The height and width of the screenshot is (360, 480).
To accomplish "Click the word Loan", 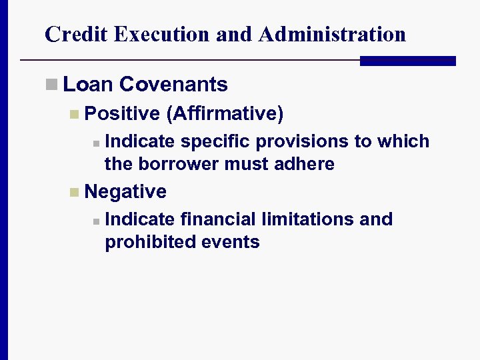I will click(x=89, y=85).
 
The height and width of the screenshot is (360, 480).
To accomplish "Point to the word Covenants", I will click(x=174, y=85).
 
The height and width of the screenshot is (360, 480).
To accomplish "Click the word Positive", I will click(x=123, y=114).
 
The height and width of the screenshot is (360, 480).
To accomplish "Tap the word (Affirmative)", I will click(x=225, y=114).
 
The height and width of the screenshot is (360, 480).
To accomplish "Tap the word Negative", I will click(x=126, y=192).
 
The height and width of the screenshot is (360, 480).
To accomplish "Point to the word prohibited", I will click(x=143, y=241).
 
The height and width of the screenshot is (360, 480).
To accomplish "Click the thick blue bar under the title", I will click(x=407, y=61).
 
